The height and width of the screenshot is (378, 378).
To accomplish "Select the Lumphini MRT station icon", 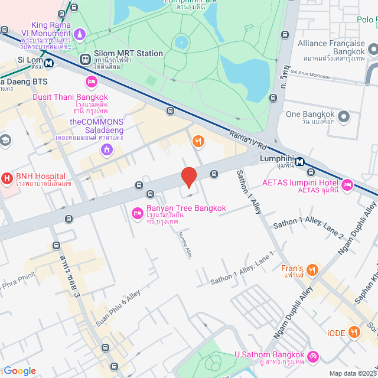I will [x=299, y=162].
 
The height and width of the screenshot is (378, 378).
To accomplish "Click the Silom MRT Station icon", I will [x=86, y=59].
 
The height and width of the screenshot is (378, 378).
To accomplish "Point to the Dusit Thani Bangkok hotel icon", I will [x=91, y=81].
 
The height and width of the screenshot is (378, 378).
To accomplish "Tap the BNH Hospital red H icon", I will [x=7, y=177].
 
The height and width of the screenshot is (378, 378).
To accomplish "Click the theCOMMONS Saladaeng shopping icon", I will [x=106, y=149].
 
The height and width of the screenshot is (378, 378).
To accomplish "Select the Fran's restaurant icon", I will [x=313, y=270].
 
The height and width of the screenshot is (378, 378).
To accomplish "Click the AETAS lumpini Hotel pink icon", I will [x=347, y=185].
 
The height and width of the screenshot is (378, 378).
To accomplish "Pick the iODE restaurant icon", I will [x=354, y=332].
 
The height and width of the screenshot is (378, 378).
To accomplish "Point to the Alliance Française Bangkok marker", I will [x=373, y=50].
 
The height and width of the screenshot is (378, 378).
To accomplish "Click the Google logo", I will [x=19, y=371].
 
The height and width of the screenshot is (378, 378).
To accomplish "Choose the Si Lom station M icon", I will [x=48, y=61].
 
